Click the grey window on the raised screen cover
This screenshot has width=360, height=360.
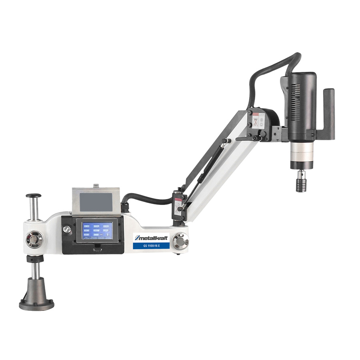[x=96, y=202]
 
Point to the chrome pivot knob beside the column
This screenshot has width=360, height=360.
[x=33, y=239]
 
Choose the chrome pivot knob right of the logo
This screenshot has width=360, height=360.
[x=180, y=241]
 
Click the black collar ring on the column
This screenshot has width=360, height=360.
[x=35, y=259]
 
